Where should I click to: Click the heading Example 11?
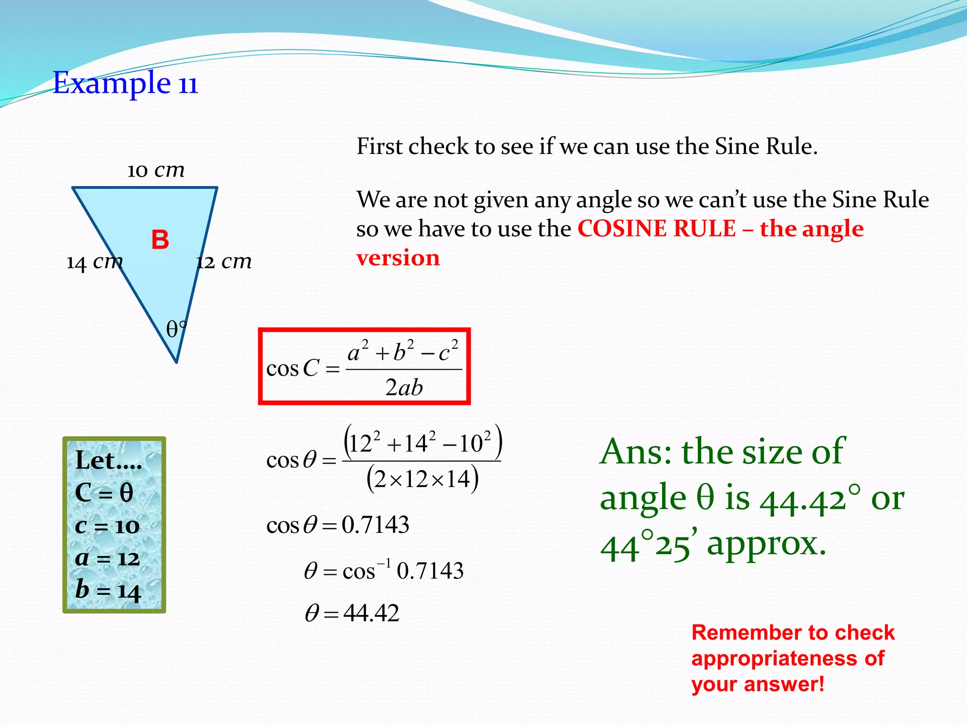(x=125, y=84)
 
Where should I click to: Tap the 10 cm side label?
(x=156, y=170)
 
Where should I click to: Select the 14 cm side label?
(x=94, y=262)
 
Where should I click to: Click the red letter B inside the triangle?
(x=160, y=240)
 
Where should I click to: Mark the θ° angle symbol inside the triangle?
(x=176, y=329)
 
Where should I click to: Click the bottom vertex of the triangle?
(x=177, y=362)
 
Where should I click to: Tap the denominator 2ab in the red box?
(x=404, y=388)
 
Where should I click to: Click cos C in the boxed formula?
(x=293, y=369)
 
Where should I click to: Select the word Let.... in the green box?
(x=109, y=461)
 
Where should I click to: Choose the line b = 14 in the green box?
(x=108, y=590)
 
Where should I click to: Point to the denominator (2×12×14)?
(x=422, y=480)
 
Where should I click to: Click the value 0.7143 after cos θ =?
(x=375, y=525)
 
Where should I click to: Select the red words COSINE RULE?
(x=656, y=229)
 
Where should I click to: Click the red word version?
(x=398, y=258)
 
